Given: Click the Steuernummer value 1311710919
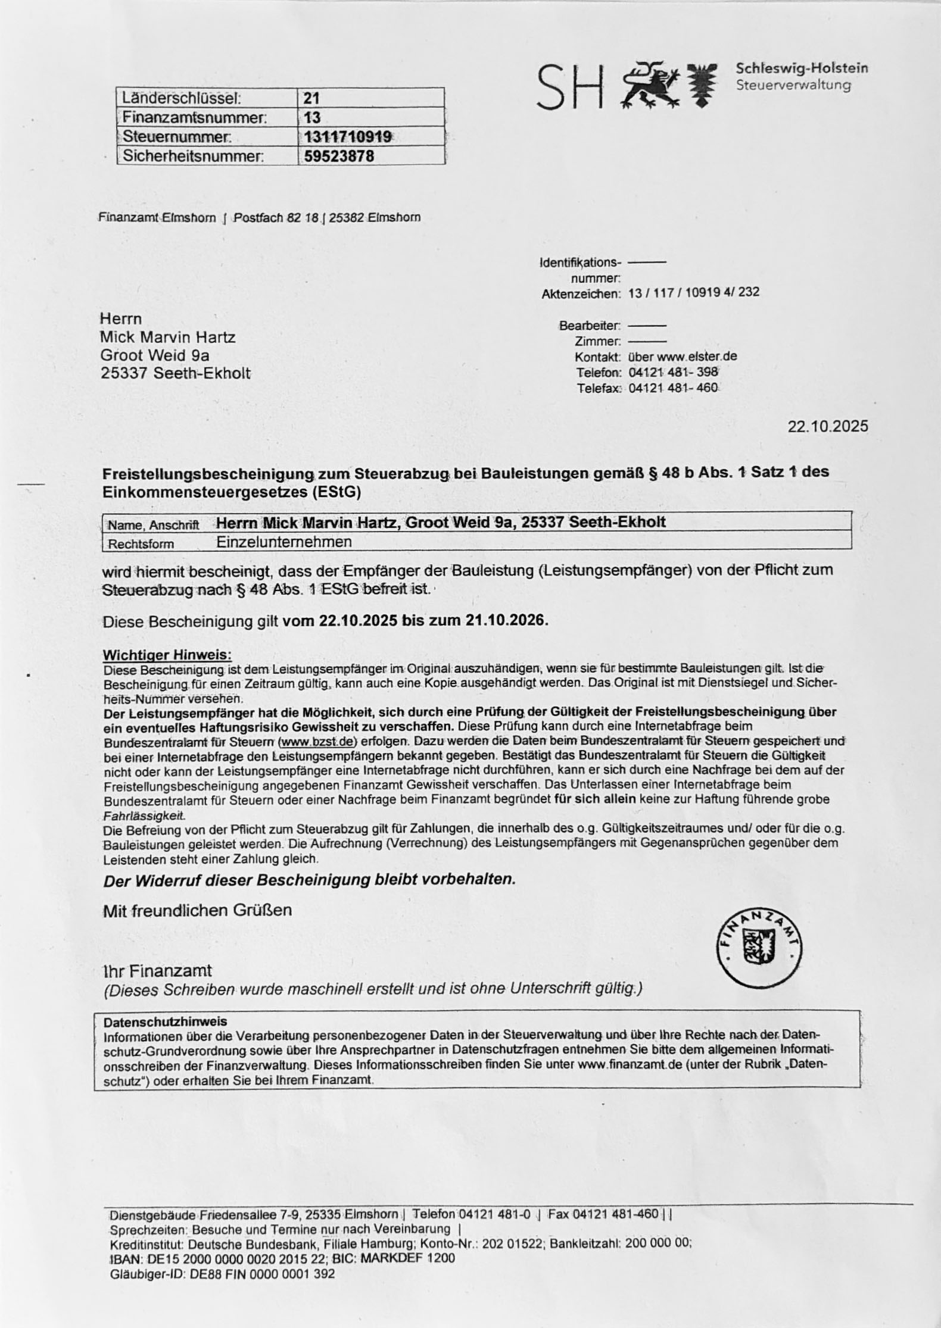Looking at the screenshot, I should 347,137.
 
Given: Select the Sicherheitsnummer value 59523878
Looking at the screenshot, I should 339,156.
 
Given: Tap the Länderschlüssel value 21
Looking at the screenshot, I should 312,98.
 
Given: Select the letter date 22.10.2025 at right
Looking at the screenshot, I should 827,426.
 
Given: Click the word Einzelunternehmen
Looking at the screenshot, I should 283,542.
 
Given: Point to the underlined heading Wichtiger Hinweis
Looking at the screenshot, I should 167,655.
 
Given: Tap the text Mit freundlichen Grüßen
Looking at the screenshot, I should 197,910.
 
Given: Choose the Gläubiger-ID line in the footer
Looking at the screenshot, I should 222,1274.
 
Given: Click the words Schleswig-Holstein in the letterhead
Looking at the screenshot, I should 802,68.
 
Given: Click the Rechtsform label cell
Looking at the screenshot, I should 141,544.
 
